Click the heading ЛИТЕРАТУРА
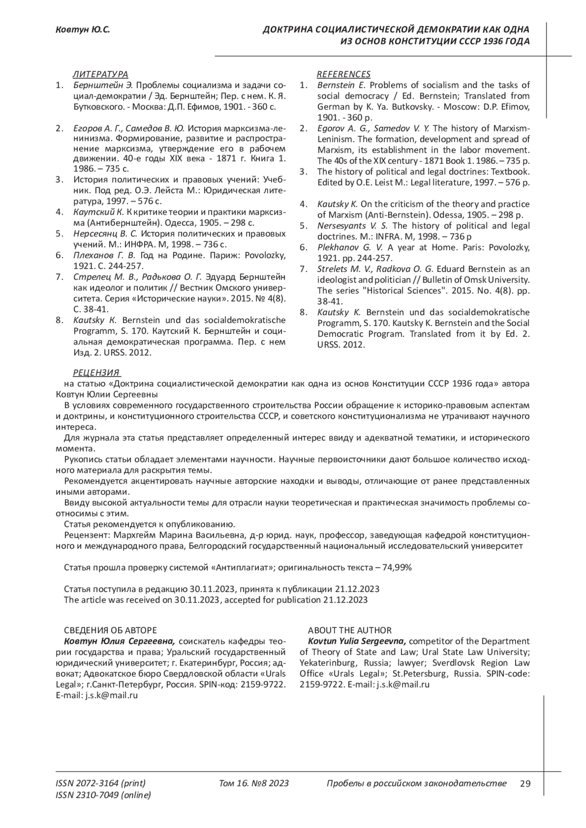point(100,74)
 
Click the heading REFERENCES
point(343,74)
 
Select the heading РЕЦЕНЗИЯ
point(96,373)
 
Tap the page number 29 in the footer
point(525,784)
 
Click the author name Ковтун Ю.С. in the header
point(82,30)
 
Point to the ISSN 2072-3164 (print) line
point(101,784)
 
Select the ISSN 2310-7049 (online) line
point(104,795)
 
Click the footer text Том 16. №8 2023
point(254,784)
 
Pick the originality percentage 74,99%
point(395,567)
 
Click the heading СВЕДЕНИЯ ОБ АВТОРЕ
point(110,630)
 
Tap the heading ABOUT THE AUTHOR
point(349,630)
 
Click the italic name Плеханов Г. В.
point(104,255)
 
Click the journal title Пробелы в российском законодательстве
point(416,784)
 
